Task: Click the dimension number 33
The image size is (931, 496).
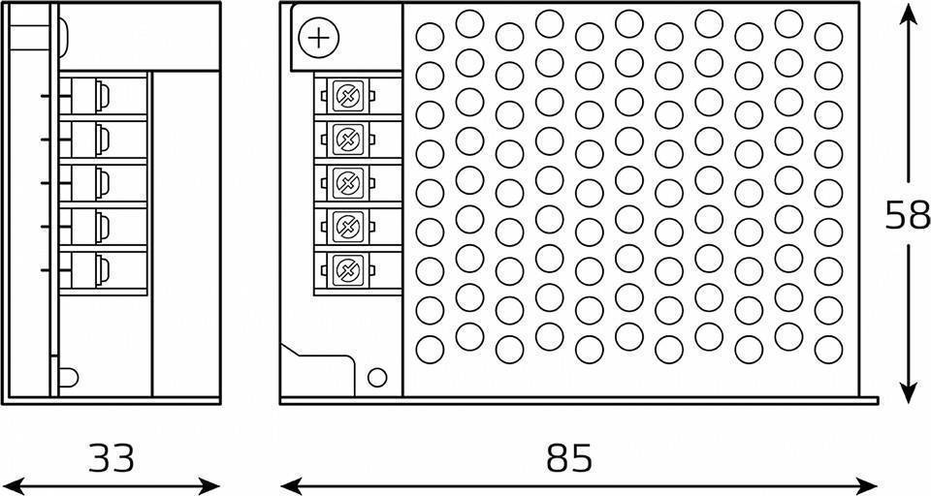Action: click(112, 457)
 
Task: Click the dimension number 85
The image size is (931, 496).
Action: click(569, 457)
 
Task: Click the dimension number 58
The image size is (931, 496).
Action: click(908, 215)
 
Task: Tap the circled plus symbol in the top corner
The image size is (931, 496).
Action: click(319, 38)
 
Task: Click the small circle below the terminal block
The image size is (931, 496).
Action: click(377, 378)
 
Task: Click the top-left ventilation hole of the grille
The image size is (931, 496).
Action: click(430, 37)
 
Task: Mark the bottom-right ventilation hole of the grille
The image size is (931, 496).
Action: click(829, 350)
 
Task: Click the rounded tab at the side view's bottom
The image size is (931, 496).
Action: click(68, 378)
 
